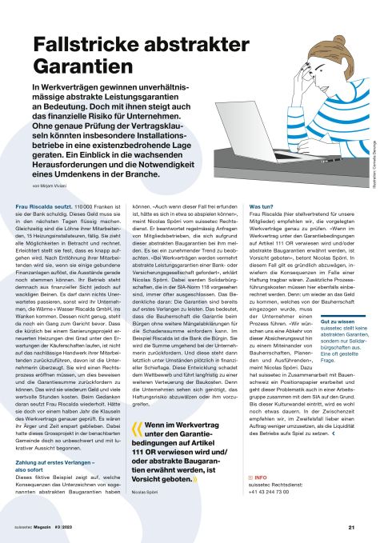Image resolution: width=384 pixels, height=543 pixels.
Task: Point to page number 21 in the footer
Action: [351, 528]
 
